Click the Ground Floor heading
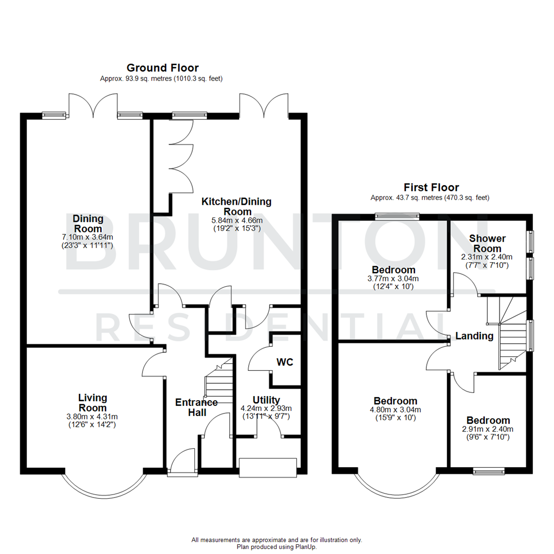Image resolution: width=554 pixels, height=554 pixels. [x=162, y=68]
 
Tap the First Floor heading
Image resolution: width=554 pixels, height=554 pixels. [x=431, y=187]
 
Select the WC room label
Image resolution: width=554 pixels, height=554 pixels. [x=285, y=362]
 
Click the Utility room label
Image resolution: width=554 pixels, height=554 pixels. [x=266, y=400]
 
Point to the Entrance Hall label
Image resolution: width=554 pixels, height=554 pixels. [x=196, y=407]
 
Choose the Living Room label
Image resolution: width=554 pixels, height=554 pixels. [x=92, y=402]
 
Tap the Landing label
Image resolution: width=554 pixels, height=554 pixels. [x=474, y=337]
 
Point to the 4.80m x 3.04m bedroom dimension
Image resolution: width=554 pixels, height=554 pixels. [x=395, y=409]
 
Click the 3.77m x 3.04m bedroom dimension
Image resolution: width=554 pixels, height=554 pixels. [x=393, y=279]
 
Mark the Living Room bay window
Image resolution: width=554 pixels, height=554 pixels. [x=103, y=487]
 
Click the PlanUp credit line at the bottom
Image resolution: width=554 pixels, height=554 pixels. [x=276, y=547]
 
